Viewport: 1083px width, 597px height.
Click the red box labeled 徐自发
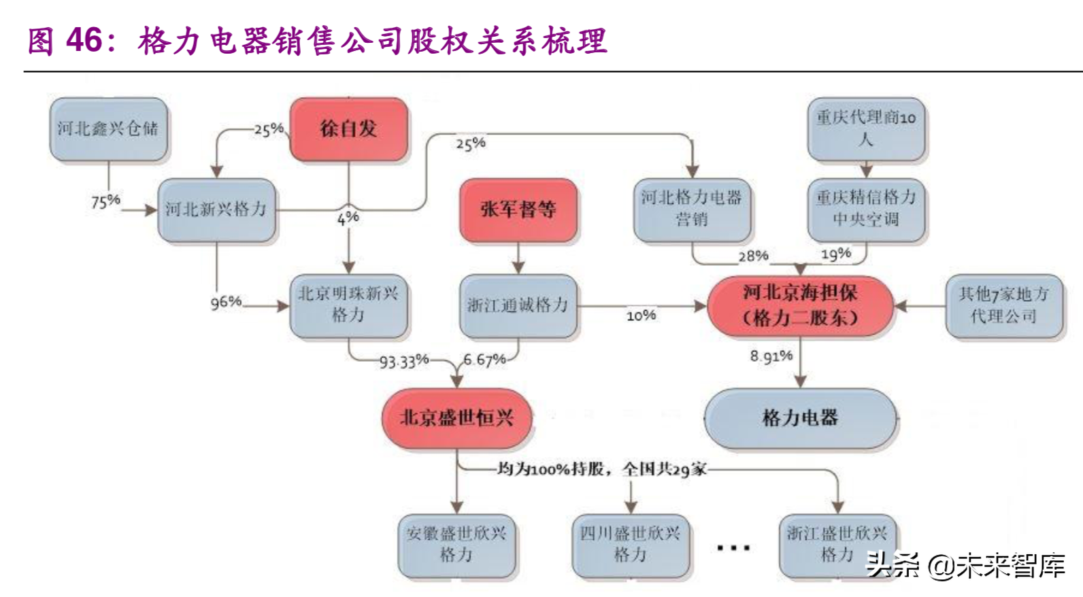[348, 129]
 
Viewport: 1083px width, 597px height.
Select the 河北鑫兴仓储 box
[107, 129]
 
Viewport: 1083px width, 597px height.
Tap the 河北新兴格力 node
[216, 209]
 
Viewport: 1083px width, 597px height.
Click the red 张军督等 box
[518, 209]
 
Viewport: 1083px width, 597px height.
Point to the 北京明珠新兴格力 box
[348, 305]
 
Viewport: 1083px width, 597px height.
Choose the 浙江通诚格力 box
[518, 305]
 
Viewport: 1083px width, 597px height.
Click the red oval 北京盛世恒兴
[456, 417]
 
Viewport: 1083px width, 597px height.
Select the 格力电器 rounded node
[800, 417]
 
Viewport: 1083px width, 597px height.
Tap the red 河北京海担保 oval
[800, 305]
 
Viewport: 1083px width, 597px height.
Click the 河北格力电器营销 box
[692, 209]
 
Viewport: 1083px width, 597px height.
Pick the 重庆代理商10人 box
[865, 129]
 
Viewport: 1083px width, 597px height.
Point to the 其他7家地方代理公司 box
[1003, 305]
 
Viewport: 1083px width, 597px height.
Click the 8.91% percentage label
[771, 356]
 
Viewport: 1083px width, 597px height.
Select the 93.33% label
[404, 361]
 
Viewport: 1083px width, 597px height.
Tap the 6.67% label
[484, 360]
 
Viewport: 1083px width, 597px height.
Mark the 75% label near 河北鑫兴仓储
[105, 201]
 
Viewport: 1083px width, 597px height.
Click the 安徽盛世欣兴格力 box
[456, 544]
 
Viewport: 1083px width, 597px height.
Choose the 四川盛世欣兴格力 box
[630, 544]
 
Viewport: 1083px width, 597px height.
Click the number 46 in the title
[84, 41]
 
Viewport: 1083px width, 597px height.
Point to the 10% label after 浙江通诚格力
[641, 315]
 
